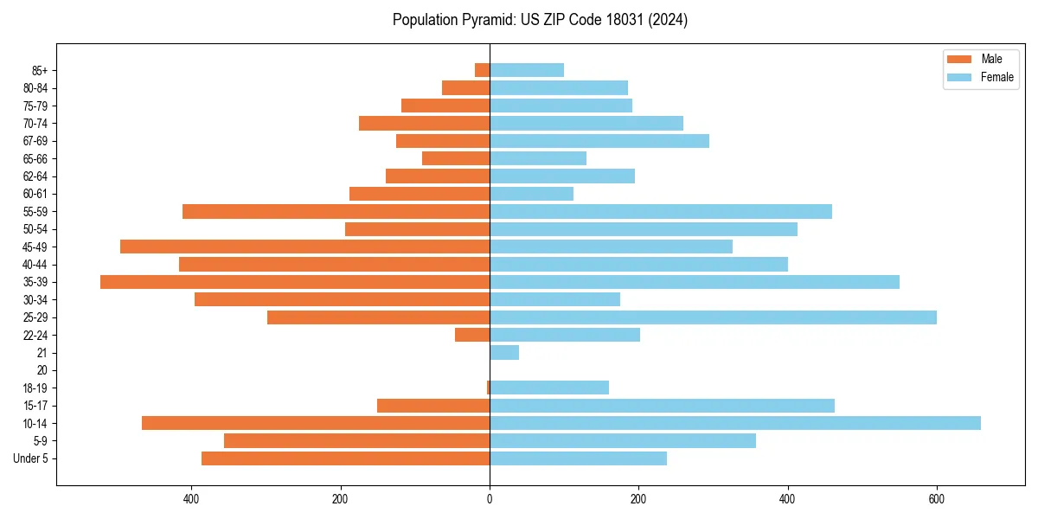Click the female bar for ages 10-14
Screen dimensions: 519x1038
point(735,423)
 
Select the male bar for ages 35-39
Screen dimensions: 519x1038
point(295,282)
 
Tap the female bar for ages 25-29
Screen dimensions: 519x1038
point(713,317)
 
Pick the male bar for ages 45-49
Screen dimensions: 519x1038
point(304,247)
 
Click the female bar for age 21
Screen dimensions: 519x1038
point(504,353)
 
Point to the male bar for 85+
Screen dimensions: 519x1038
point(483,70)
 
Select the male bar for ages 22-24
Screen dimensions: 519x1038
point(472,335)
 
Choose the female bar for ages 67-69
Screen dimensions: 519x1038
point(599,141)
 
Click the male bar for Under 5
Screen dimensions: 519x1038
point(346,458)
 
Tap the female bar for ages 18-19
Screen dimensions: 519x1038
point(549,388)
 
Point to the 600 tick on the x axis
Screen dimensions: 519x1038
point(936,499)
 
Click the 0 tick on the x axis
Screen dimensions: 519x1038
point(490,499)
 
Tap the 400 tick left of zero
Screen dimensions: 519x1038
point(192,499)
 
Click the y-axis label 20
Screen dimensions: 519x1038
point(42,370)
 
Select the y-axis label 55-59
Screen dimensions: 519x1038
point(35,212)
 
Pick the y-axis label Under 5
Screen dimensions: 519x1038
point(31,458)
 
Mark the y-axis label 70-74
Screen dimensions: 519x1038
point(35,124)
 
